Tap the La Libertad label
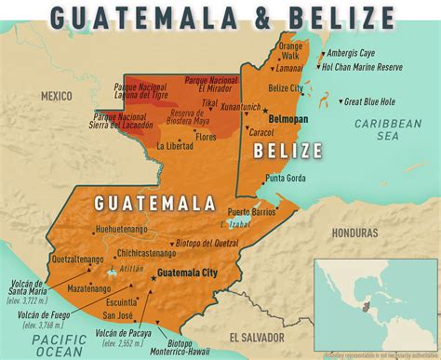pyautogui.click(x=175, y=146)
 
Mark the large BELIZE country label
pyautogui.click(x=288, y=151)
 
